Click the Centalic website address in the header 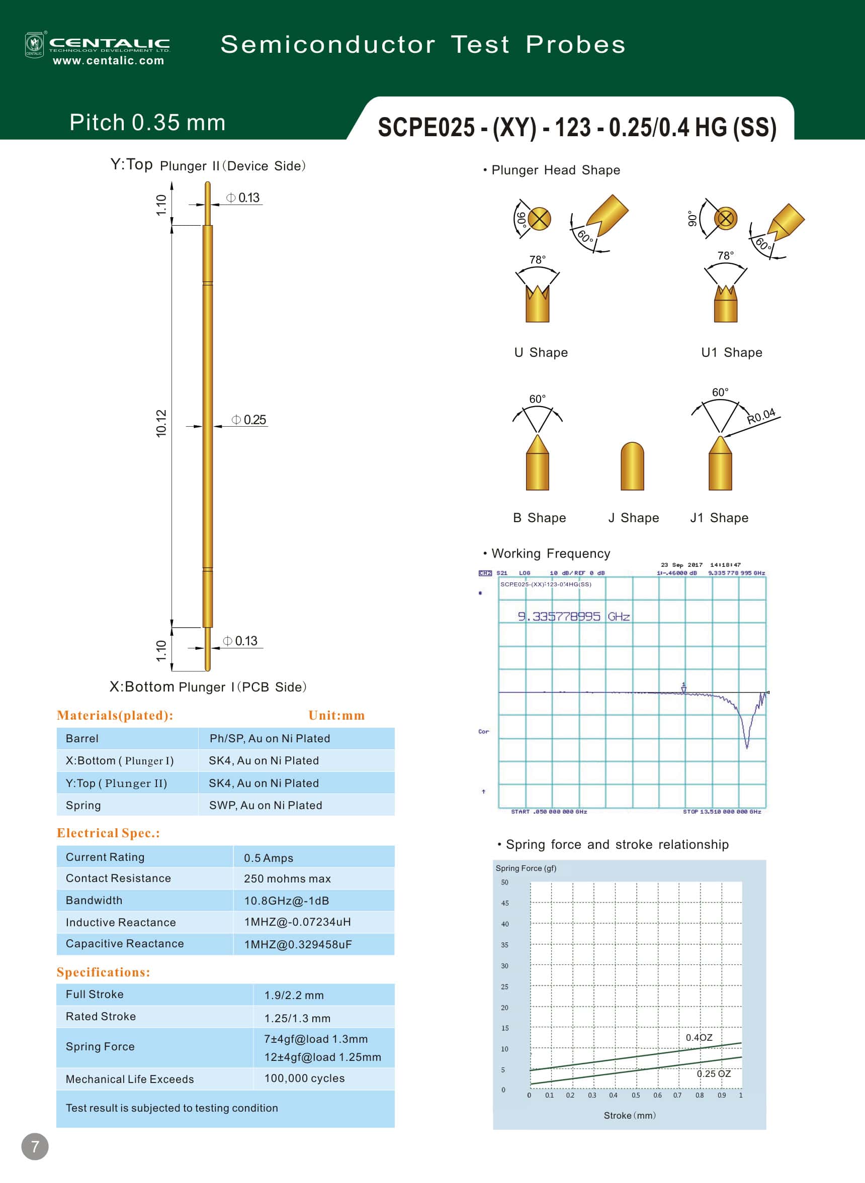click(109, 61)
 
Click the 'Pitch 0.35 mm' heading click(147, 123)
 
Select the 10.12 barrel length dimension click(161, 423)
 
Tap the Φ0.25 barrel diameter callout click(249, 420)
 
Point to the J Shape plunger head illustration click(632, 466)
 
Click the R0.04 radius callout click(761, 416)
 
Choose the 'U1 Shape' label click(732, 352)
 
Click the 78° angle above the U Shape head click(537, 259)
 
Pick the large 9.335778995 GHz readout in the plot click(573, 616)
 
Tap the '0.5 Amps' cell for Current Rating click(269, 858)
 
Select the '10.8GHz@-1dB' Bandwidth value click(287, 901)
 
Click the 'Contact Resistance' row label click(118, 878)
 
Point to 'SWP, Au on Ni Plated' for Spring click(266, 805)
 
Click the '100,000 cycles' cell click(304, 1078)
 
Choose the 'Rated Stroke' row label click(101, 1016)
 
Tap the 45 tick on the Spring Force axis click(505, 903)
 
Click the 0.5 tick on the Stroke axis click(636, 1095)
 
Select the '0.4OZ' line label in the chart click(699, 1038)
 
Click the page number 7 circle click(35, 1147)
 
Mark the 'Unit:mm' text click(336, 715)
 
